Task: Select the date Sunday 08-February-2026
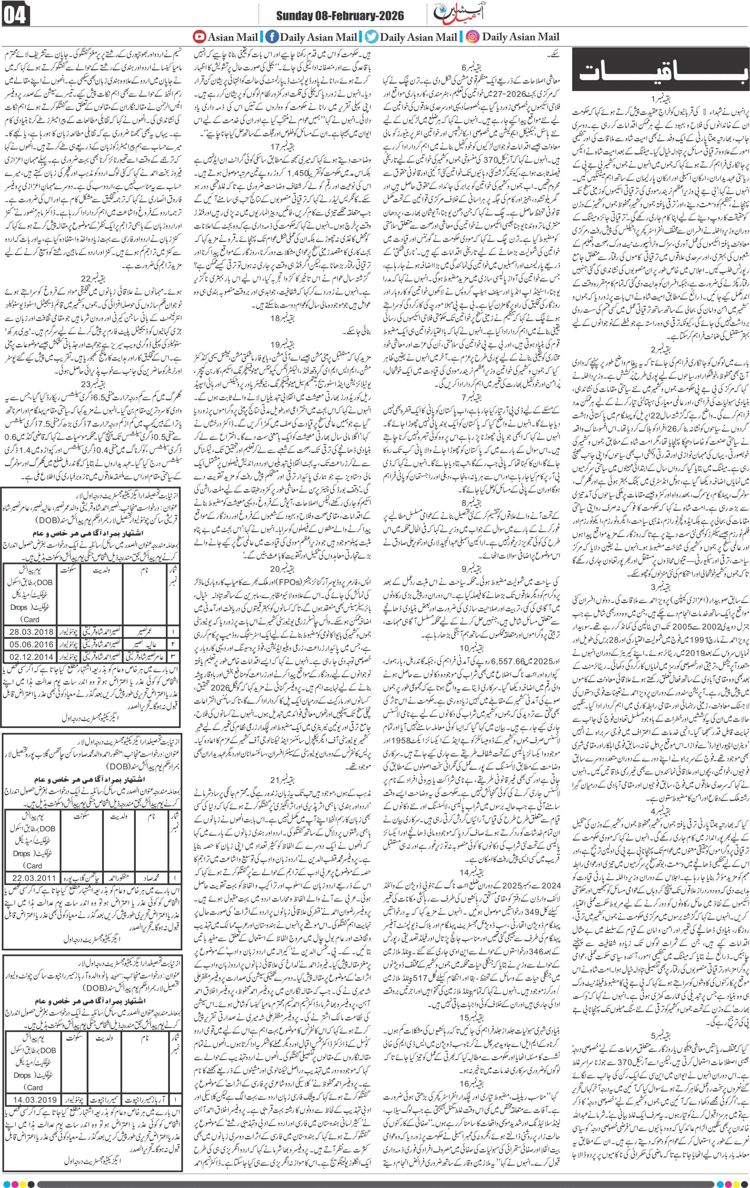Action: (339, 16)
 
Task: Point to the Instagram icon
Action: (472, 36)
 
